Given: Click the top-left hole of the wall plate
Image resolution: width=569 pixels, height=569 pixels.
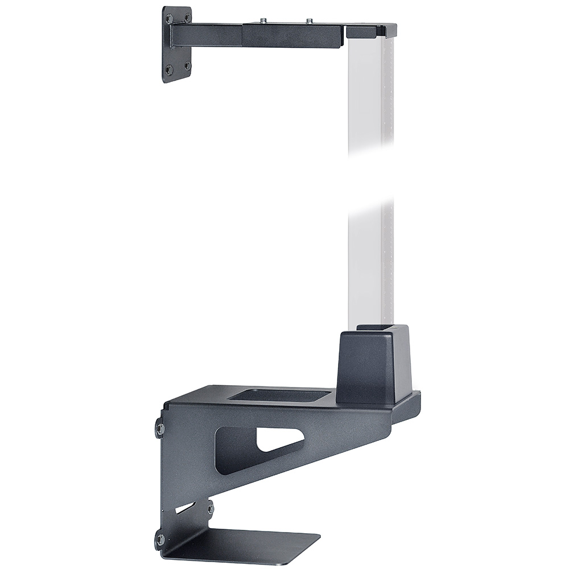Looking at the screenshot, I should [x=169, y=19].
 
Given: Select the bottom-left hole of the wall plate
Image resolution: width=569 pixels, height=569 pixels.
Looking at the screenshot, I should [x=169, y=70].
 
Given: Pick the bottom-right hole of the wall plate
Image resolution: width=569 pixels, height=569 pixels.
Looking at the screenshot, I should [x=187, y=65].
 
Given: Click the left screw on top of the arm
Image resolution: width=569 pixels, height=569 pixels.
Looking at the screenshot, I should [x=264, y=20].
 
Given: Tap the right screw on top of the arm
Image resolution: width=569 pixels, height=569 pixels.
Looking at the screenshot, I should [x=310, y=21].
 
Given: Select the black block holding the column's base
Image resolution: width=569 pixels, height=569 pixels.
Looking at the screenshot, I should [x=370, y=364].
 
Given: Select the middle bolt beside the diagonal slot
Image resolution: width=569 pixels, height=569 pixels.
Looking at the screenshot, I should [x=210, y=506].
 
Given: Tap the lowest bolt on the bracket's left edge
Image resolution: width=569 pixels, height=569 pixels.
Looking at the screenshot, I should [x=160, y=538].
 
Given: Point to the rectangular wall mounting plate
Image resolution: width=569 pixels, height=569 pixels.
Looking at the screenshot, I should [x=176, y=44].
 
